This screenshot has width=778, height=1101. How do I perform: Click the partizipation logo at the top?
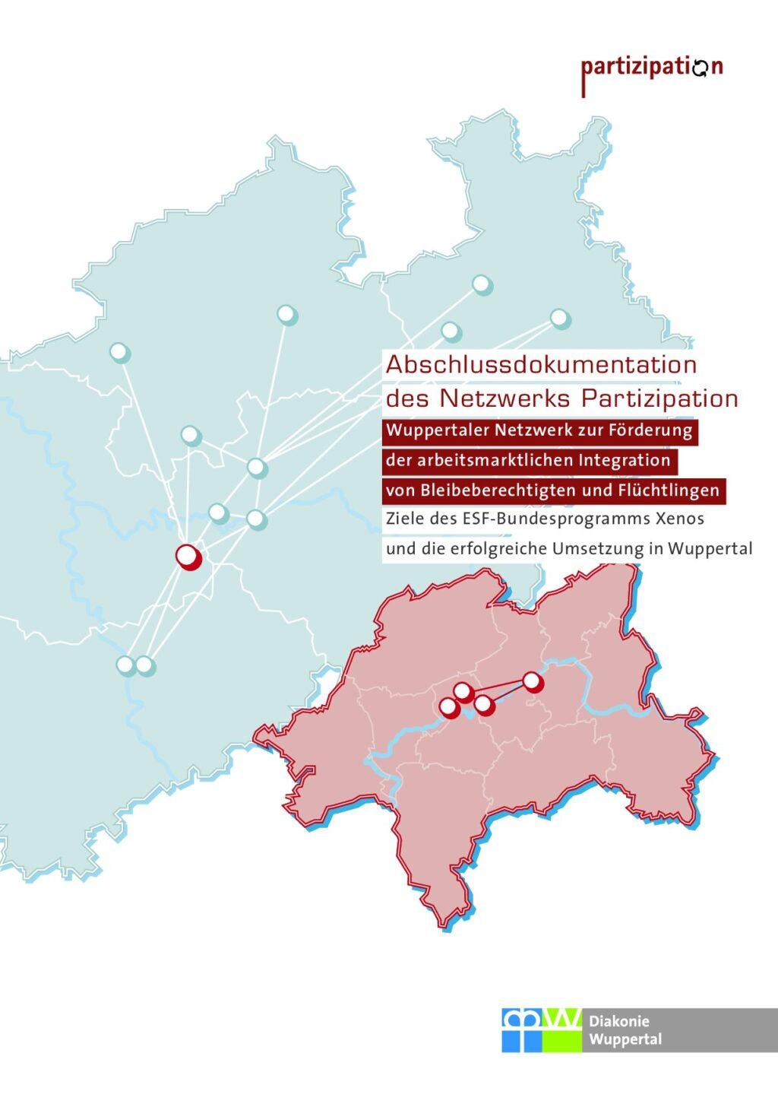click(652, 68)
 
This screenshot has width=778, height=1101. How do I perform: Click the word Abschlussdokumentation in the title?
click(541, 364)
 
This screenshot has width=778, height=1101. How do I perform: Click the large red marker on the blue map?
click(188, 557)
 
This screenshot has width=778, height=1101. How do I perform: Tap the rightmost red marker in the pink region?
click(533, 682)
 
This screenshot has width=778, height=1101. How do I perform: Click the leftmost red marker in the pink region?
click(449, 708)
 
